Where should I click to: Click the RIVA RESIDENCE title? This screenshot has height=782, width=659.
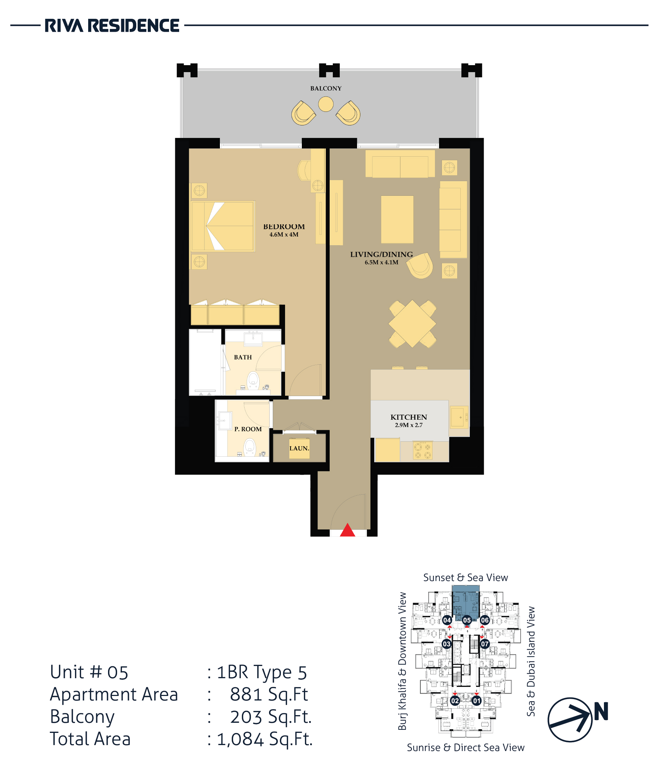point(112,25)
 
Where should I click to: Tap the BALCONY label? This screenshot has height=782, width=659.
point(326,88)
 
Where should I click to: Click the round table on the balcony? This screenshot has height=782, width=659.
point(326,104)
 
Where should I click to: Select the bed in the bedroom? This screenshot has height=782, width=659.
point(223,226)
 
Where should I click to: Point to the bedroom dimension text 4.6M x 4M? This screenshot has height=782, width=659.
point(284,234)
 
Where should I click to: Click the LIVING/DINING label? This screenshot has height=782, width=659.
point(382,254)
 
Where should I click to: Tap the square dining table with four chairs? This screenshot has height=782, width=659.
point(412,324)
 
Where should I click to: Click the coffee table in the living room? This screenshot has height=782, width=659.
point(397,219)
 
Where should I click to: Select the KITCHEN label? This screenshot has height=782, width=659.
point(409,417)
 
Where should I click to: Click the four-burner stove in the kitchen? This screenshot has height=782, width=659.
point(423,450)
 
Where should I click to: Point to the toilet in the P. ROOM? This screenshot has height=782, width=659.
point(249,448)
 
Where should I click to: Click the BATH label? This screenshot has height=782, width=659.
point(243,357)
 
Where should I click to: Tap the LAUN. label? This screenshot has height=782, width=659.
point(299,448)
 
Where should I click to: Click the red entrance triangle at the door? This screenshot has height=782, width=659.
point(347,530)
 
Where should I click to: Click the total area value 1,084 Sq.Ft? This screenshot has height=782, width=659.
point(265,739)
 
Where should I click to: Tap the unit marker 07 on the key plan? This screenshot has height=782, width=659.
point(484,644)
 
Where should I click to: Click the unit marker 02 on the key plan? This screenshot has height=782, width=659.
point(455,700)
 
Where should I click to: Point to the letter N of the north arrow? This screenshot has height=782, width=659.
point(601,711)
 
